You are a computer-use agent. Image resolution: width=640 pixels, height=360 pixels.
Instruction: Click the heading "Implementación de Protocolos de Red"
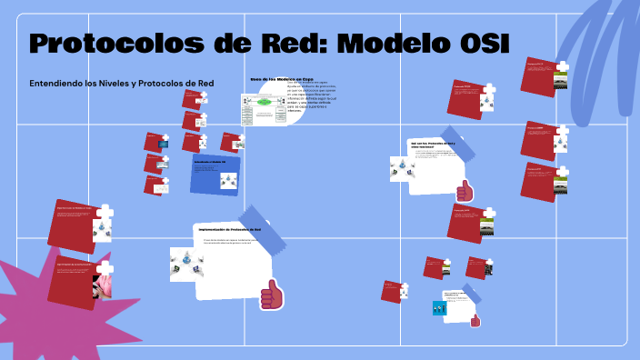(229, 230)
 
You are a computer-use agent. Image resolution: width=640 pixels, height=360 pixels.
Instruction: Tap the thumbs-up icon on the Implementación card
(271, 295)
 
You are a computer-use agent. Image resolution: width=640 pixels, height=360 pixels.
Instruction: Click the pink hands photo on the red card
(102, 285)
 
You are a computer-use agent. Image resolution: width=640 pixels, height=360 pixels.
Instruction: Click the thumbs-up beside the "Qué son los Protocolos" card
(465, 191)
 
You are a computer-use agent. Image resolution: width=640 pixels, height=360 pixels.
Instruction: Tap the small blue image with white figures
(440, 308)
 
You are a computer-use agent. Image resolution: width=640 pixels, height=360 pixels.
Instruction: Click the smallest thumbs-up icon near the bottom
(475, 320)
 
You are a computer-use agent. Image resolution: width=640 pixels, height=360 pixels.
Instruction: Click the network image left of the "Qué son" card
(400, 168)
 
